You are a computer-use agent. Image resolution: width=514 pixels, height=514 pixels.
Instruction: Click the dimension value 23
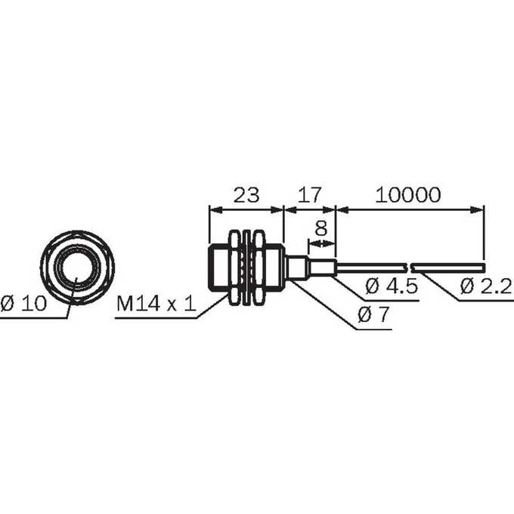tap(246, 195)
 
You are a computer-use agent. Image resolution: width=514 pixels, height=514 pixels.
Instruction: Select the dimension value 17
tap(310, 195)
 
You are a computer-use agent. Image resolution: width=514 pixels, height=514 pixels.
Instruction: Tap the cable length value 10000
tap(407, 195)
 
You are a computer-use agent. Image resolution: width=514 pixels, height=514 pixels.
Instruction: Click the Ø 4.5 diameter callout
tap(392, 286)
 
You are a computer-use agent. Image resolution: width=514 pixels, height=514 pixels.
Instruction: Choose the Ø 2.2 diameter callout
tap(486, 286)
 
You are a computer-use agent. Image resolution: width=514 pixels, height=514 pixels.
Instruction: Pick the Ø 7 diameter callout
tap(373, 314)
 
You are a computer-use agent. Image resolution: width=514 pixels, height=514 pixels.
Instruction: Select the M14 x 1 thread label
tap(156, 303)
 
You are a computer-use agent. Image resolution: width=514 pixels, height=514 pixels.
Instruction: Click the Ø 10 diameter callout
tap(23, 303)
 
